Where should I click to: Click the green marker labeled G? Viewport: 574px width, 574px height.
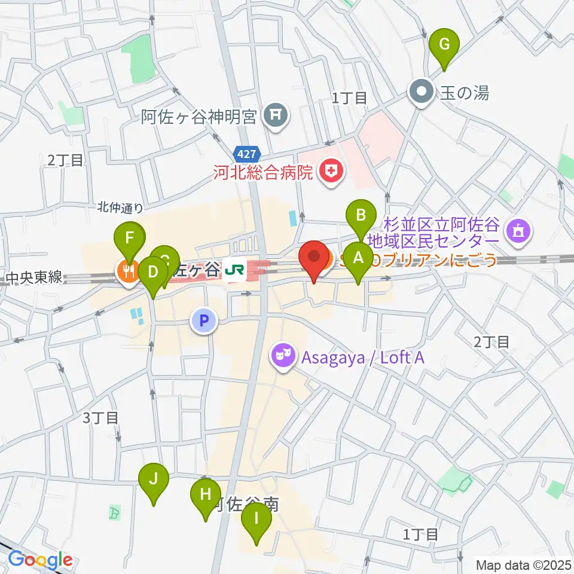coord(444,45)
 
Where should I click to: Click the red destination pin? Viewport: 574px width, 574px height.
coord(315,259)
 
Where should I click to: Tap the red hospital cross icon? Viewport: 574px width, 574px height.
coord(331,173)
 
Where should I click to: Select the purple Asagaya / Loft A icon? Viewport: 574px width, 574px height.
coord(281,356)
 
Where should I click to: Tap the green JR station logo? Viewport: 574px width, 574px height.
coord(234,273)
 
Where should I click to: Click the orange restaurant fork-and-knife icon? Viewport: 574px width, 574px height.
coord(127,272)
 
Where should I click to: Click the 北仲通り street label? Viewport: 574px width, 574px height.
coord(120,208)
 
